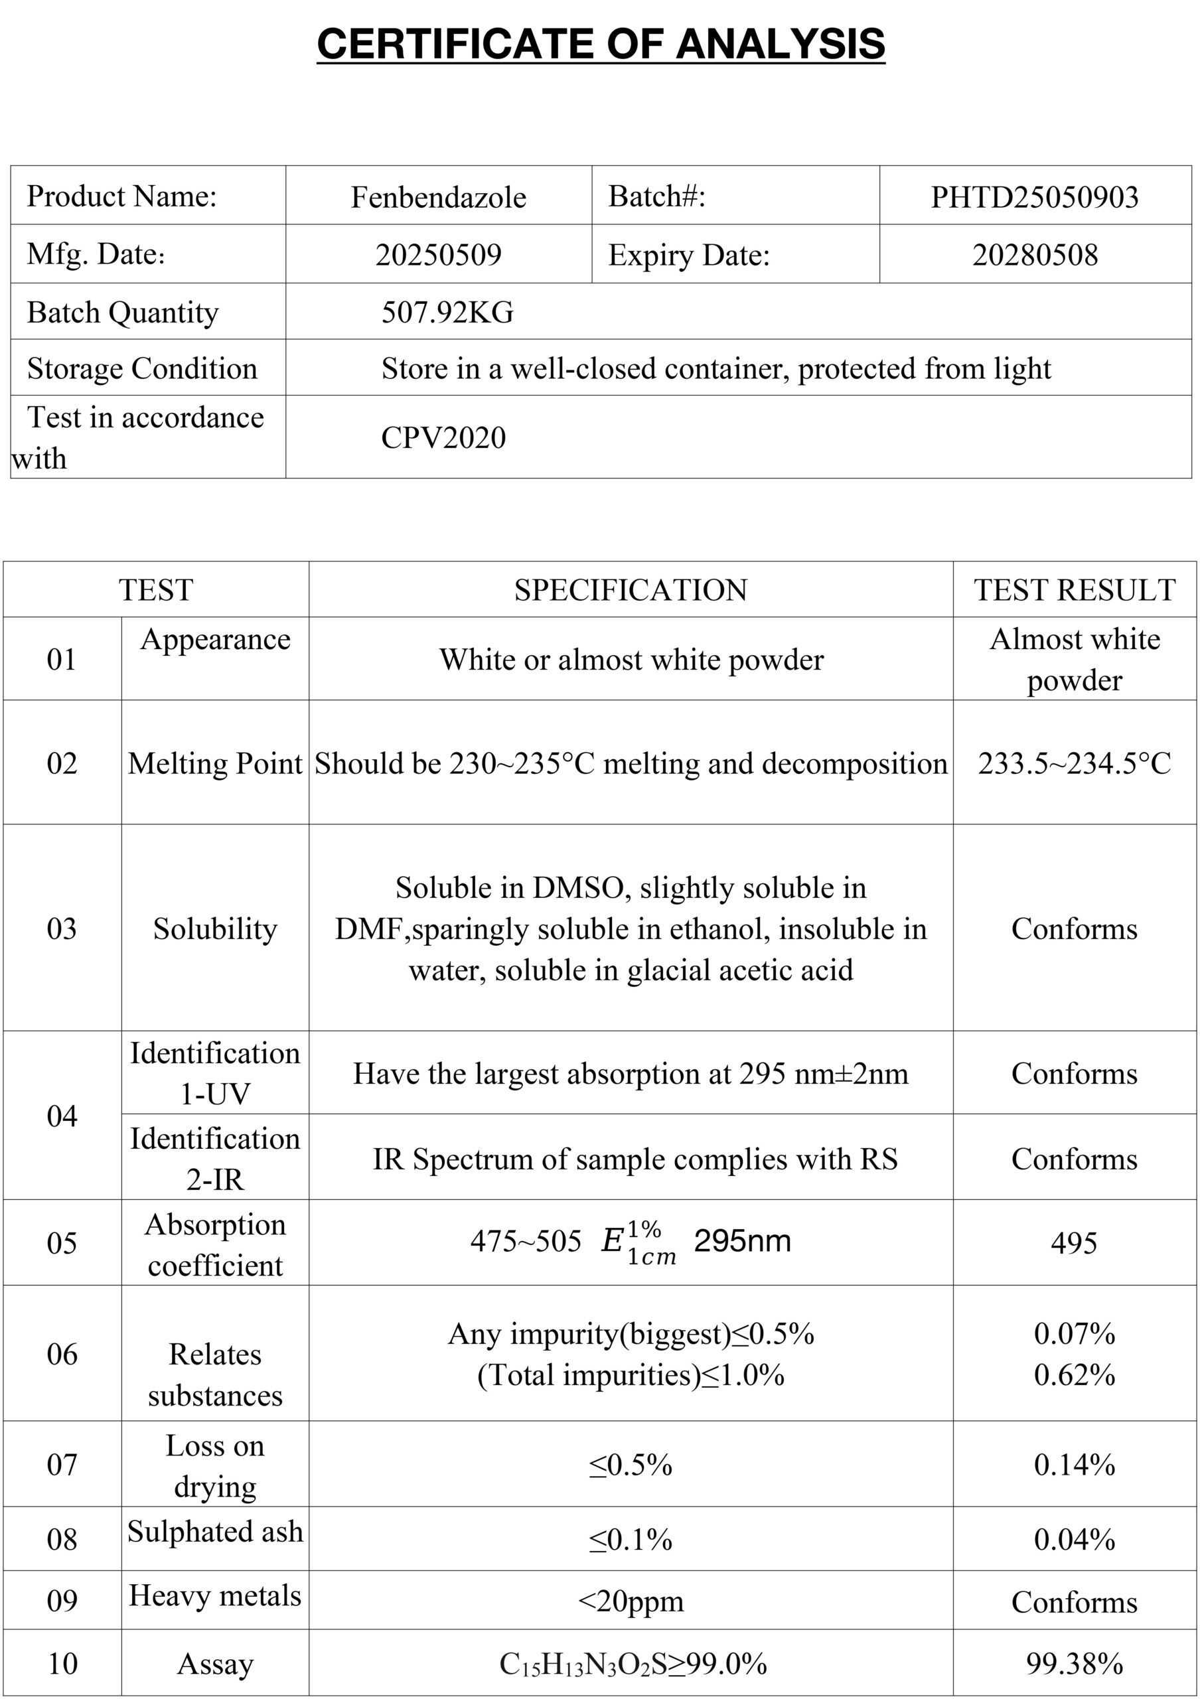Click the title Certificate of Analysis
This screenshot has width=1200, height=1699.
(600, 44)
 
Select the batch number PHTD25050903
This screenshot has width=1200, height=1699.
(1033, 197)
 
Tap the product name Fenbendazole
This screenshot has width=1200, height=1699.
(438, 197)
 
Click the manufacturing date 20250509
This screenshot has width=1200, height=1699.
(438, 255)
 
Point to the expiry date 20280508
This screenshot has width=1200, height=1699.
(1034, 255)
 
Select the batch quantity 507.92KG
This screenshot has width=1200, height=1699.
(447, 313)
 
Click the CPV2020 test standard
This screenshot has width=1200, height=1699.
(443, 437)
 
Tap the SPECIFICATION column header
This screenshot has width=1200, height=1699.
(631, 591)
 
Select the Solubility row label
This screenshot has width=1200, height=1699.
(214, 928)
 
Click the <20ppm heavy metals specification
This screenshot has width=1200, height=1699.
(631, 1601)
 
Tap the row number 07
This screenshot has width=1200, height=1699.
(62, 1465)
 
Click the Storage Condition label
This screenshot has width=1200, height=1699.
(142, 368)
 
